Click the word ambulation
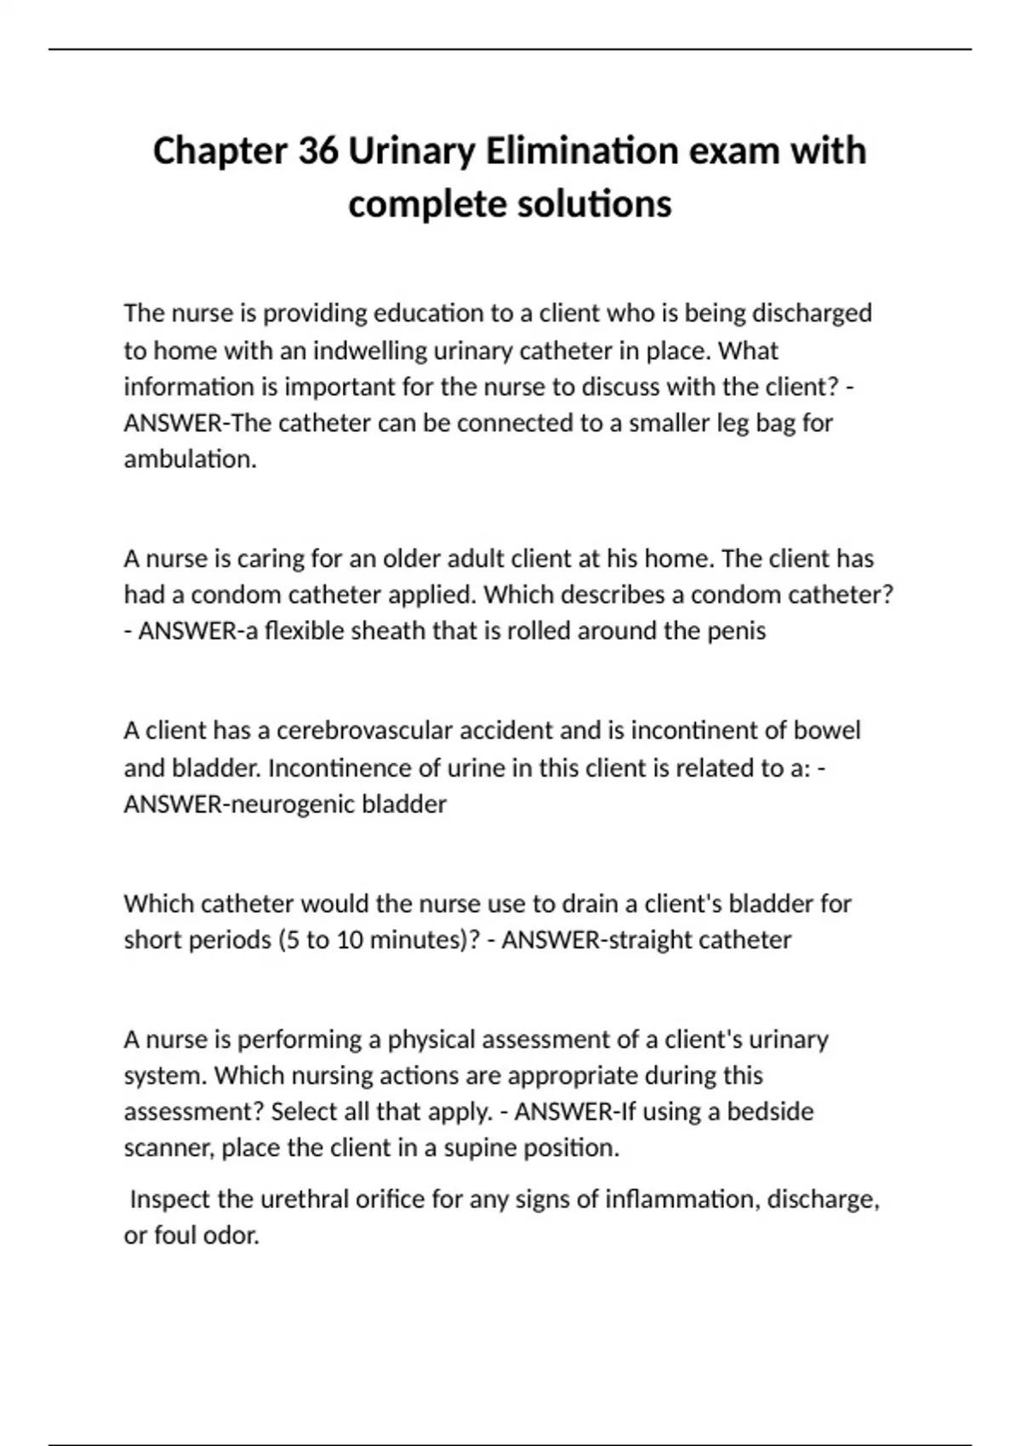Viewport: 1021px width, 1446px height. [x=189, y=459]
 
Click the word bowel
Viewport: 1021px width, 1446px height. [x=827, y=731]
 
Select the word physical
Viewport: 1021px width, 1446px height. [x=431, y=1039]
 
